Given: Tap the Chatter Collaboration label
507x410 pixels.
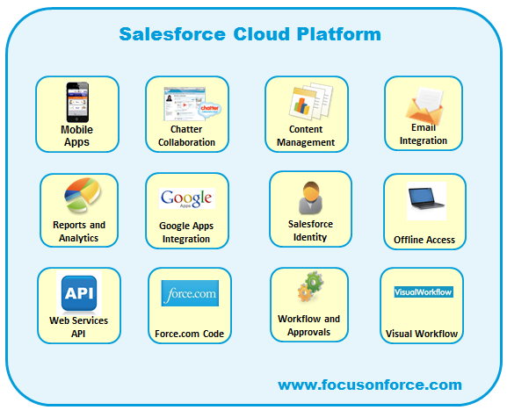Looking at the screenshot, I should coord(186,136).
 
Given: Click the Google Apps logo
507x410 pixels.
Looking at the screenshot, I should coord(186,198).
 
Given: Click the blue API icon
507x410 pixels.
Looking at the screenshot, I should coord(78,292).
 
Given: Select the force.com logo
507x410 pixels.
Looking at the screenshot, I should coord(190,293).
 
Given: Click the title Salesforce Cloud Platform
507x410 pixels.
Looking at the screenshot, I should coord(250,34).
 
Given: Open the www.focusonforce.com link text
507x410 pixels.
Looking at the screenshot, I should coord(369,385).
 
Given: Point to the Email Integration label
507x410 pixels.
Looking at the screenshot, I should coord(424,134).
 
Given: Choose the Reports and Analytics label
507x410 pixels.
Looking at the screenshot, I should coord(79,232).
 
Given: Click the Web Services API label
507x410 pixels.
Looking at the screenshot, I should coord(78,327).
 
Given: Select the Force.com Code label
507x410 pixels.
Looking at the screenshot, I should coord(190,334).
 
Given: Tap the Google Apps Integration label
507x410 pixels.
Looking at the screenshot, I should coord(185,232).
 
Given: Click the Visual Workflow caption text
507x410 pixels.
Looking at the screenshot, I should coord(422,334).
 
